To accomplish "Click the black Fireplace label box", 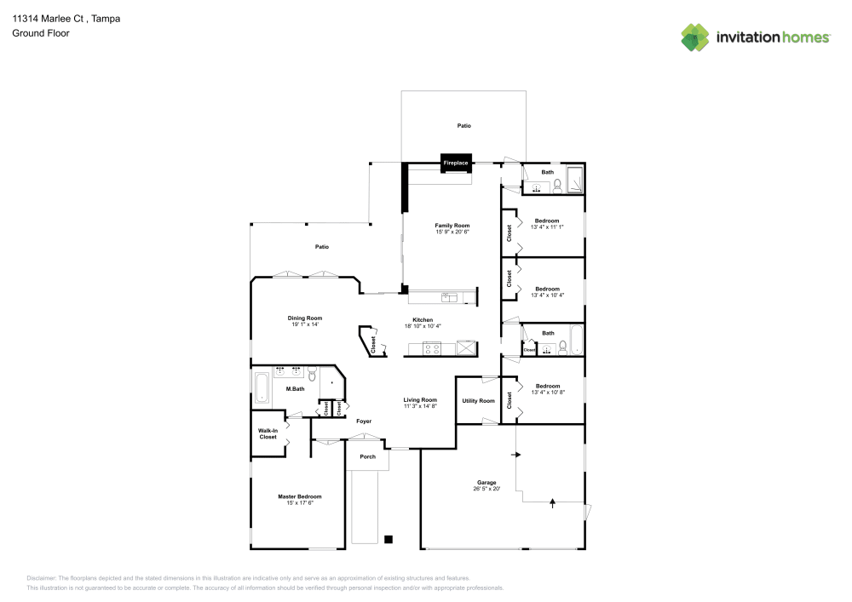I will coord(455,163).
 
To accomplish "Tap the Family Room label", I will coord(452,226).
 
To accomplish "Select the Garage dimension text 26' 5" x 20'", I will coord(487,489).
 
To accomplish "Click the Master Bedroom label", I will coord(299,496).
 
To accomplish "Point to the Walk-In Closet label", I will coord(268,433).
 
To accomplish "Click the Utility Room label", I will coord(478,400).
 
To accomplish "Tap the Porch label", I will coord(367,456).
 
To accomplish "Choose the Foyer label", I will coord(364,421).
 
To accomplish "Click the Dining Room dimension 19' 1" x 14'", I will coord(304,324).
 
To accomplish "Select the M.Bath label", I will coord(295,389).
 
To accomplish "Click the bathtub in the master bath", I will coord(261,388).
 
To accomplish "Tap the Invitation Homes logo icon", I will coord(694,37).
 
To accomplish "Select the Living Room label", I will coord(420,400).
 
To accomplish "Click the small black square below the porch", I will coord(389,538).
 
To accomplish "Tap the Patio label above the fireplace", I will coord(463,125).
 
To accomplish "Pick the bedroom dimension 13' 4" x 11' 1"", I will coord(547,226).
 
